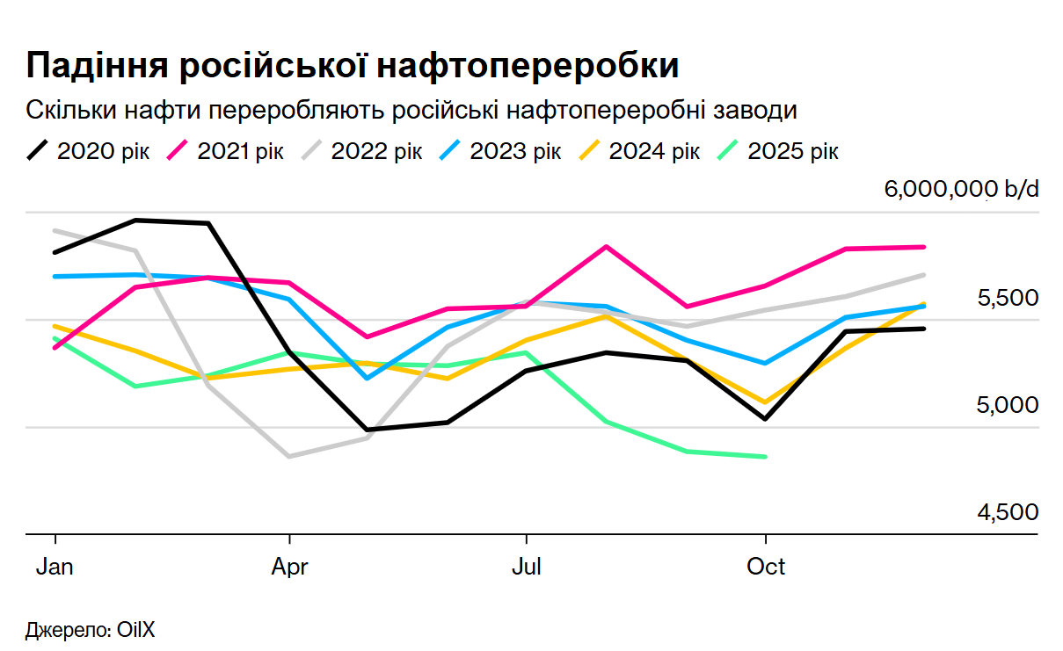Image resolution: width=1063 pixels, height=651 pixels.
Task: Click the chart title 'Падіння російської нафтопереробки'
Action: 353,67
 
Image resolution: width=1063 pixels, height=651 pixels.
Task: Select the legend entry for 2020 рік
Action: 88,151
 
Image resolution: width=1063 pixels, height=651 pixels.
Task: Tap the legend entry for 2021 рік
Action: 225,151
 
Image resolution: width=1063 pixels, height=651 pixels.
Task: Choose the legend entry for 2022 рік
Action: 360,151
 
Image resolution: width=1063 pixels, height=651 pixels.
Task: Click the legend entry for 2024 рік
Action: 638,151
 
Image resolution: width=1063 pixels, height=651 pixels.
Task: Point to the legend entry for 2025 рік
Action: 777,151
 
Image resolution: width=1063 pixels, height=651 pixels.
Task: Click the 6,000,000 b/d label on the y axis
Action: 961,190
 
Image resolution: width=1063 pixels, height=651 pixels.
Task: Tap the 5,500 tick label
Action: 1008,298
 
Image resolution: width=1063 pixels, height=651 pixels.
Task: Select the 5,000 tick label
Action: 1008,405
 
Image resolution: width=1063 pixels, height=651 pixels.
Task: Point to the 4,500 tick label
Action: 1008,512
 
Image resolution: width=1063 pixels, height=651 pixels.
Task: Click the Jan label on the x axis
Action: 55,567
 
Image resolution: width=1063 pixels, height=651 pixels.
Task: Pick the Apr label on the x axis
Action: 289,567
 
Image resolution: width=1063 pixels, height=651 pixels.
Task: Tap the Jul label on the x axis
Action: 526,567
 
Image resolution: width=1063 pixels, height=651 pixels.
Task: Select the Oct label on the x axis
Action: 766,567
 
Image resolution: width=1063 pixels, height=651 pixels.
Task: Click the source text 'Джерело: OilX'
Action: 84,630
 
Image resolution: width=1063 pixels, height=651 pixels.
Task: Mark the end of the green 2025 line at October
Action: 766,456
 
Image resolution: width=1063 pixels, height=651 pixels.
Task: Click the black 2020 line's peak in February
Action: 135,220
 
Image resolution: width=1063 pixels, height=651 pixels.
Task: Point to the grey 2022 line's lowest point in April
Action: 288,456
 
